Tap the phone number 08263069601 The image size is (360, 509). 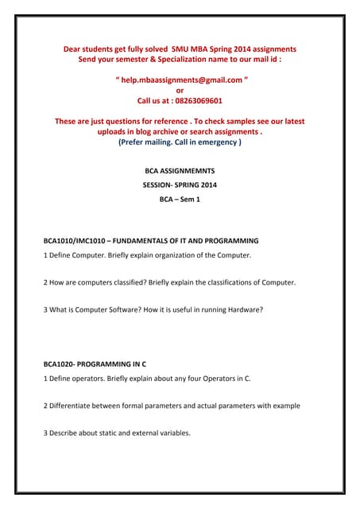pyautogui.click(x=196, y=101)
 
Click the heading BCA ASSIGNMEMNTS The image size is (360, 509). pyautogui.click(x=180, y=170)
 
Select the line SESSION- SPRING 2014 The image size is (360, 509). pyautogui.click(x=180, y=185)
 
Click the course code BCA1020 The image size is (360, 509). pyautogui.click(x=58, y=363)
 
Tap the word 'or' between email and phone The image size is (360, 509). pyautogui.click(x=180, y=91)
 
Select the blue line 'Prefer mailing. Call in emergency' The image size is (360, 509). pyautogui.click(x=180, y=142)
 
